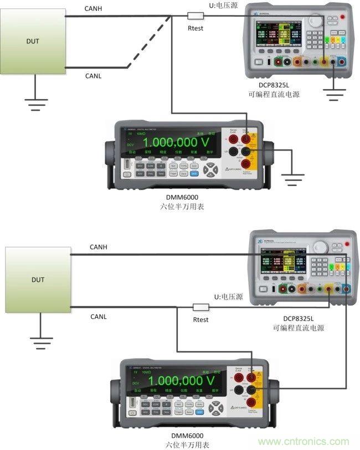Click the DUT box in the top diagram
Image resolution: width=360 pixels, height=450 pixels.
[x=33, y=41]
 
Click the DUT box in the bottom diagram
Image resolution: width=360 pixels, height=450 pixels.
[x=38, y=280]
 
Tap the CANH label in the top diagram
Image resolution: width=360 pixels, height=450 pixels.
[x=94, y=9]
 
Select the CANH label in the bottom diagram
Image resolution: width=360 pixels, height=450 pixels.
[x=99, y=246]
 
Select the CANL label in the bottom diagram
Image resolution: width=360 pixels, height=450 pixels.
[x=99, y=316]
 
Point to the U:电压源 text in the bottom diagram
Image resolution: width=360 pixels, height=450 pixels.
[x=228, y=297]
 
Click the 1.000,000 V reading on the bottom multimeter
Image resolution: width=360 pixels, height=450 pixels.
[x=183, y=380]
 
